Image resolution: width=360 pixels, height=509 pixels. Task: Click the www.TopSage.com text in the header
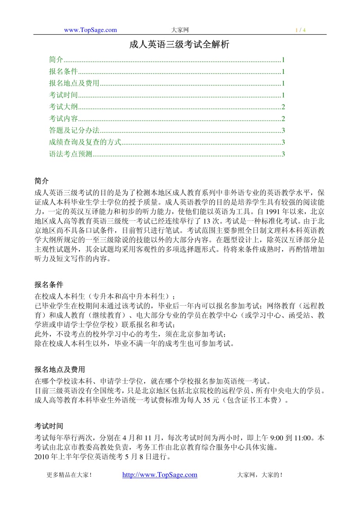pyautogui.click(x=90, y=30)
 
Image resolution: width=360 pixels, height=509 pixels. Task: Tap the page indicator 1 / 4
pyautogui.click(x=301, y=30)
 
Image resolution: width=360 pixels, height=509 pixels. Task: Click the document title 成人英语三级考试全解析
pyautogui.click(x=179, y=45)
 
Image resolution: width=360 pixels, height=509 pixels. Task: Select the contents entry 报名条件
pyautogui.click(x=63, y=72)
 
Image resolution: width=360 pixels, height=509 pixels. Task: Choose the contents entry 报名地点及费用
pyautogui.click(x=74, y=83)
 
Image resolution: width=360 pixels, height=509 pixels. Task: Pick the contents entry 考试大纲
pyautogui.click(x=63, y=107)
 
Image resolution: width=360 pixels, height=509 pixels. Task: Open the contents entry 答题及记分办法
pyautogui.click(x=74, y=130)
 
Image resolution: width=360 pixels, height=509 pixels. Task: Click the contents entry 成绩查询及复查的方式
pyautogui.click(x=85, y=142)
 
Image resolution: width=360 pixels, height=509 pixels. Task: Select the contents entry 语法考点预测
pyautogui.click(x=70, y=154)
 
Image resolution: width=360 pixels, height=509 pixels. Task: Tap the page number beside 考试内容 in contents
pyautogui.click(x=283, y=118)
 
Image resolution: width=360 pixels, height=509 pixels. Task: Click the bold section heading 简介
pyautogui.click(x=42, y=181)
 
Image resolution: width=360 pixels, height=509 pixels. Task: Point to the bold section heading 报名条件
pyautogui.click(x=49, y=284)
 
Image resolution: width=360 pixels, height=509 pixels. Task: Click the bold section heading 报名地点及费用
pyautogui.click(x=59, y=369)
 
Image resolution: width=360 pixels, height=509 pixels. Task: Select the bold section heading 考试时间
pyautogui.click(x=49, y=426)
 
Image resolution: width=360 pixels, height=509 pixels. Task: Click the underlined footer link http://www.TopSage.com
pyautogui.click(x=160, y=475)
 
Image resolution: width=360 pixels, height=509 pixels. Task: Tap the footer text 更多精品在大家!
pyautogui.click(x=69, y=475)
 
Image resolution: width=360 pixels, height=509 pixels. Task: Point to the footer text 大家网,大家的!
pyautogui.click(x=260, y=475)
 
